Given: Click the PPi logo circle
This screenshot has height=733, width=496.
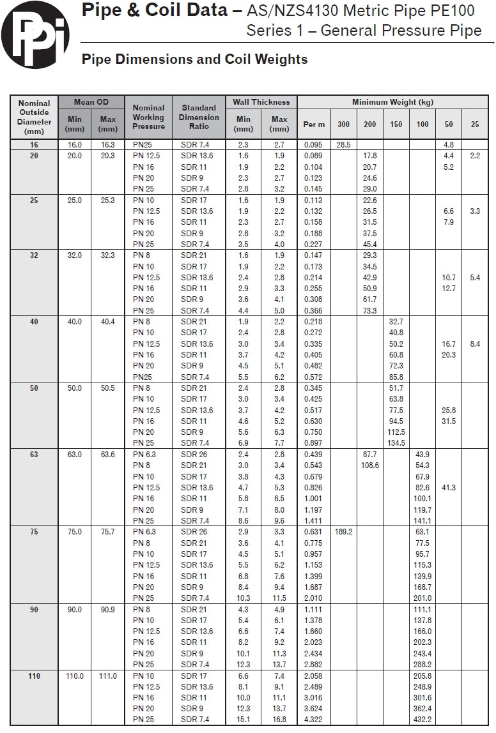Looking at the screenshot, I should click(35, 34).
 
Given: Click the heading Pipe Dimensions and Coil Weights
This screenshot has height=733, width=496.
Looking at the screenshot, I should click(195, 59).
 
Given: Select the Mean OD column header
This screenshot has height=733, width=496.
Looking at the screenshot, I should click(91, 102).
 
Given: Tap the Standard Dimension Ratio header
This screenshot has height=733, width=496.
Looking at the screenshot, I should click(199, 117).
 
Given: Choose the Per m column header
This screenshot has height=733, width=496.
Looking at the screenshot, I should click(314, 124).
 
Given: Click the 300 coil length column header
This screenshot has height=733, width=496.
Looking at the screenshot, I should click(343, 124).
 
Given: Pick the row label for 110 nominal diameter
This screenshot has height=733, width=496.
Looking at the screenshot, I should click(34, 676).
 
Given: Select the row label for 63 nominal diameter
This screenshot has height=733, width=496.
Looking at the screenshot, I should click(34, 455).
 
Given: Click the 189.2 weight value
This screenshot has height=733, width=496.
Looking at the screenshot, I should click(343, 531).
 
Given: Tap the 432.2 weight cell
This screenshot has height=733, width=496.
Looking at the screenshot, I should click(422, 720).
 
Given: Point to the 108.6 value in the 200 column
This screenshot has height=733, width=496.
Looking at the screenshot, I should click(369, 465).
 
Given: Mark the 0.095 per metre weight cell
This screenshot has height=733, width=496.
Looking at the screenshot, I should click(314, 145).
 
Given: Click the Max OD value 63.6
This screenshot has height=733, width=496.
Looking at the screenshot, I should click(107, 455).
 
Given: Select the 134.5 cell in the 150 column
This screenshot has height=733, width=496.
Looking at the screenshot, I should click(396, 443).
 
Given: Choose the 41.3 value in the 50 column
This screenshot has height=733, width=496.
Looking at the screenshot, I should click(449, 487).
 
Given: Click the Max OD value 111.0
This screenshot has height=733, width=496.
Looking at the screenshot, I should click(107, 676).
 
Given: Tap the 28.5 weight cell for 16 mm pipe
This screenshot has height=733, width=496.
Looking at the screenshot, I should click(343, 145).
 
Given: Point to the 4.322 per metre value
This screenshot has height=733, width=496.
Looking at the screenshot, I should click(314, 720).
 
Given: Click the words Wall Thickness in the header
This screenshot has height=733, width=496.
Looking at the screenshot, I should click(261, 102).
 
